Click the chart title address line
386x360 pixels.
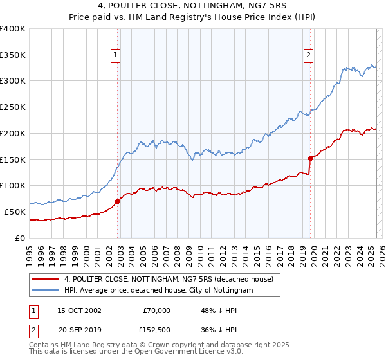click(192, 6)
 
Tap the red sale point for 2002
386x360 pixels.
click(118, 201)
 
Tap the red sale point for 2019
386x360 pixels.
click(310, 157)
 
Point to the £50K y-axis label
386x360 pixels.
click(15, 212)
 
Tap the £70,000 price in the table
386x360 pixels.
click(154, 310)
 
